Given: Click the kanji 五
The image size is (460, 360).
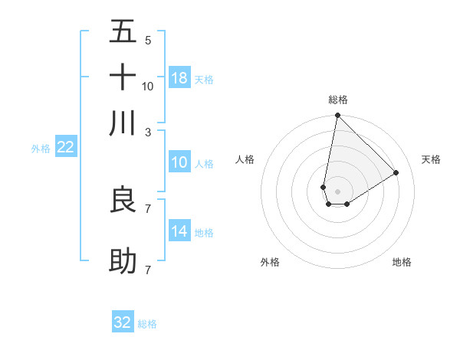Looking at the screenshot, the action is click(123, 33).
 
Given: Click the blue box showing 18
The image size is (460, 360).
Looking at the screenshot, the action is click(179, 78).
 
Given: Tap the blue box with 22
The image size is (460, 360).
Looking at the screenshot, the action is click(65, 148).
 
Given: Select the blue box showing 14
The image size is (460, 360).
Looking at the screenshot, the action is click(179, 231).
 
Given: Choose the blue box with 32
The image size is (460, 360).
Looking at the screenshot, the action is click(123, 322).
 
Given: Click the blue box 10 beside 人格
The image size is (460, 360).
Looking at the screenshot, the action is click(179, 162).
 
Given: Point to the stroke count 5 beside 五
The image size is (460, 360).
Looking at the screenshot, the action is click(148, 41).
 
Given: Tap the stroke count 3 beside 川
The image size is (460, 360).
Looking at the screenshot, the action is click(148, 132).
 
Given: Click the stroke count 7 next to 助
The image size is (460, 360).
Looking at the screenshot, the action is click(148, 270).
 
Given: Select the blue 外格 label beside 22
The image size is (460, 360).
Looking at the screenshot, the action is click(40, 149).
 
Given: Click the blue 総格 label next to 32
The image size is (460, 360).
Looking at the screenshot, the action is click(147, 324).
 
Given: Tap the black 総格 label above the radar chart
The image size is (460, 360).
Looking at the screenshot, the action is click(338, 100).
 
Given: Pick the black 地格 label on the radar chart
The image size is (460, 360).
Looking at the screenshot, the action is click(402, 262).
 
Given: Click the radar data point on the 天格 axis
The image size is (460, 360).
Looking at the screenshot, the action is click(396, 172).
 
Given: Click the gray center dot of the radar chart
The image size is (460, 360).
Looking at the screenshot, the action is click(338, 191).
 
